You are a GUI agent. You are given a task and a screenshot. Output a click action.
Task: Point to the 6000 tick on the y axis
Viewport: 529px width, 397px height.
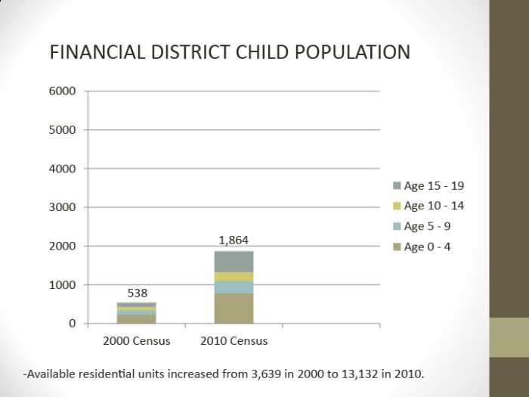(63, 91)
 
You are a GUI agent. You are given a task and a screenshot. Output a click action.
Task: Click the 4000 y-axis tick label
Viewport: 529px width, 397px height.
(63, 169)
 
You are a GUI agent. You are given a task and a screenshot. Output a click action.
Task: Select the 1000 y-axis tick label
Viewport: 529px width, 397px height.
(63, 285)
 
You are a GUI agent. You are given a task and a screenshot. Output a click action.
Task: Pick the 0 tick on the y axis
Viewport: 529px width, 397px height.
(72, 324)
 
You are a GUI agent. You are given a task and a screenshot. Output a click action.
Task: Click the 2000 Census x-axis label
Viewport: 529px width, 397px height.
(136, 341)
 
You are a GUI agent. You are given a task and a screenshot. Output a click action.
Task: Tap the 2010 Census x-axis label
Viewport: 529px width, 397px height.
(234, 341)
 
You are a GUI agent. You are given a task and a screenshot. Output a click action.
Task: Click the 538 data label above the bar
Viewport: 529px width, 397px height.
(137, 293)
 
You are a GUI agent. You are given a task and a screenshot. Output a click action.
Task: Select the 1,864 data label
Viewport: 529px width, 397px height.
(234, 240)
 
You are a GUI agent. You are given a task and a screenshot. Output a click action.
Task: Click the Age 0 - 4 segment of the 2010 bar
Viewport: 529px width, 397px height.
(234, 309)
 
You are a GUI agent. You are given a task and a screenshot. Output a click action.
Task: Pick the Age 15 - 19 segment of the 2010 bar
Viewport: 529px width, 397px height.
(234, 261)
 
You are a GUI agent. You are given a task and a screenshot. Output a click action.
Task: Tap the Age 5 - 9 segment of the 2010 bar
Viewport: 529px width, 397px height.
(234, 287)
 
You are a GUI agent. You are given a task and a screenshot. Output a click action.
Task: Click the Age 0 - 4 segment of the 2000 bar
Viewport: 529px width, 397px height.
(137, 319)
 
